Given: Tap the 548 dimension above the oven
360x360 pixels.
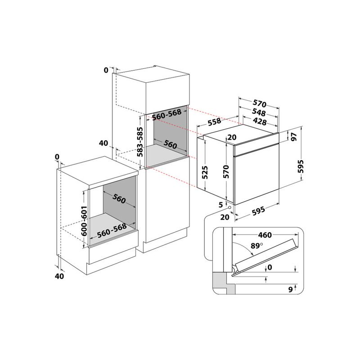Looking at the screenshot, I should [258, 113].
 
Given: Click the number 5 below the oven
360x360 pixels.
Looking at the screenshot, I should [220, 205].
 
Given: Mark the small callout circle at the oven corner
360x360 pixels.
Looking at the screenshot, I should [230, 207].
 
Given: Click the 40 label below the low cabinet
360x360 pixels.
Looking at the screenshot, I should [59, 276].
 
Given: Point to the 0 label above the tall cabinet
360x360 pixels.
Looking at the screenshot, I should [106, 70].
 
